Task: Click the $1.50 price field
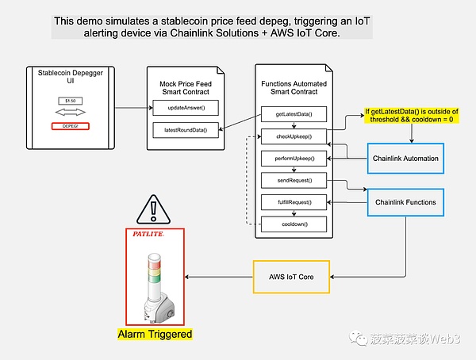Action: pyautogui.click(x=70, y=101)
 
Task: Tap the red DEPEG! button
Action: pyautogui.click(x=70, y=126)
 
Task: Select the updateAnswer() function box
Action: pyautogui.click(x=186, y=107)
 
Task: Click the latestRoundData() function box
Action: pyautogui.click(x=186, y=130)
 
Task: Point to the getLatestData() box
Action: pyautogui.click(x=294, y=114)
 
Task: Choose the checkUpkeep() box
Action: pyautogui.click(x=294, y=136)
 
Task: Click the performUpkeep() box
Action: pyautogui.click(x=294, y=159)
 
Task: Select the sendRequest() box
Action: pyautogui.click(x=294, y=181)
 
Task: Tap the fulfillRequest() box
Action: pyautogui.click(x=294, y=202)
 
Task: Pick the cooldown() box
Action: pyautogui.click(x=294, y=224)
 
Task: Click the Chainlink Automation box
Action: pyautogui.click(x=405, y=159)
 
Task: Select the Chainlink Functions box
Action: pyautogui.click(x=404, y=202)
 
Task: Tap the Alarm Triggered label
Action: pyautogui.click(x=155, y=334)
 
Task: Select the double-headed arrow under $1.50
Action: pyautogui.click(x=70, y=113)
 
